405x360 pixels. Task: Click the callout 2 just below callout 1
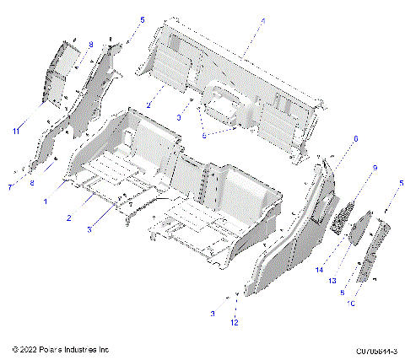[x=69, y=217]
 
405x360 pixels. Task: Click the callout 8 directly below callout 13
[x=342, y=292]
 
